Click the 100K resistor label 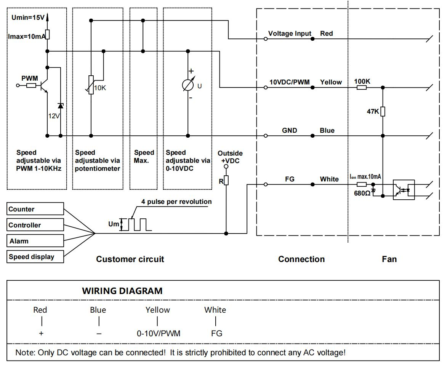tap(362, 82)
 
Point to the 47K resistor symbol tap(383, 111)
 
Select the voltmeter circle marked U tap(187, 84)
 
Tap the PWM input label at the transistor tap(29, 78)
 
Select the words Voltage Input tap(290, 33)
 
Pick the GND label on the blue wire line tap(290, 130)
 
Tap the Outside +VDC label tap(230, 156)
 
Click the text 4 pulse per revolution tap(176, 202)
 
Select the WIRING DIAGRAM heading tap(122, 291)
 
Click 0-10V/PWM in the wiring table tap(159, 334)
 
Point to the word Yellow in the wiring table tap(158, 310)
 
